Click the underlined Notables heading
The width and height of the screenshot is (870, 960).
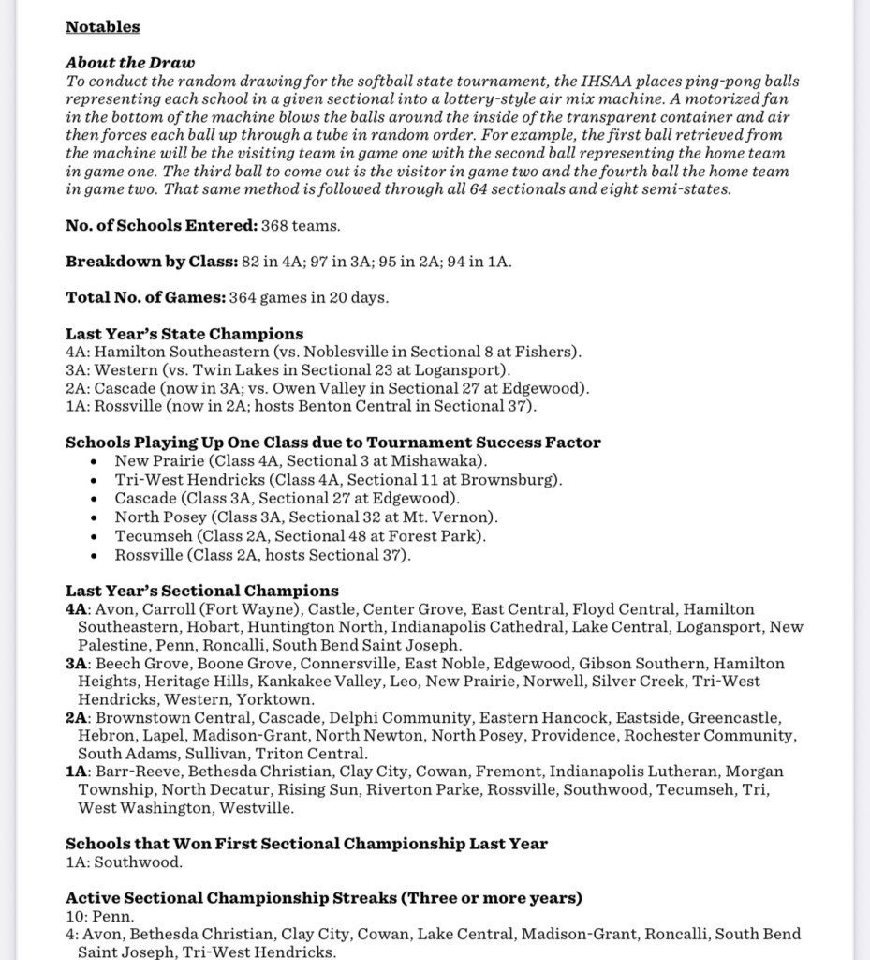(102, 26)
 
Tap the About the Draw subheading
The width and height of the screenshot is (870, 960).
(129, 63)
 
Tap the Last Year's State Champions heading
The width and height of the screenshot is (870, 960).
(184, 334)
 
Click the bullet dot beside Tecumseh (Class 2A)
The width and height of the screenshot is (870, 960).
(95, 537)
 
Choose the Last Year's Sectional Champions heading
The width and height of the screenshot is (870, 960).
(201, 591)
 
